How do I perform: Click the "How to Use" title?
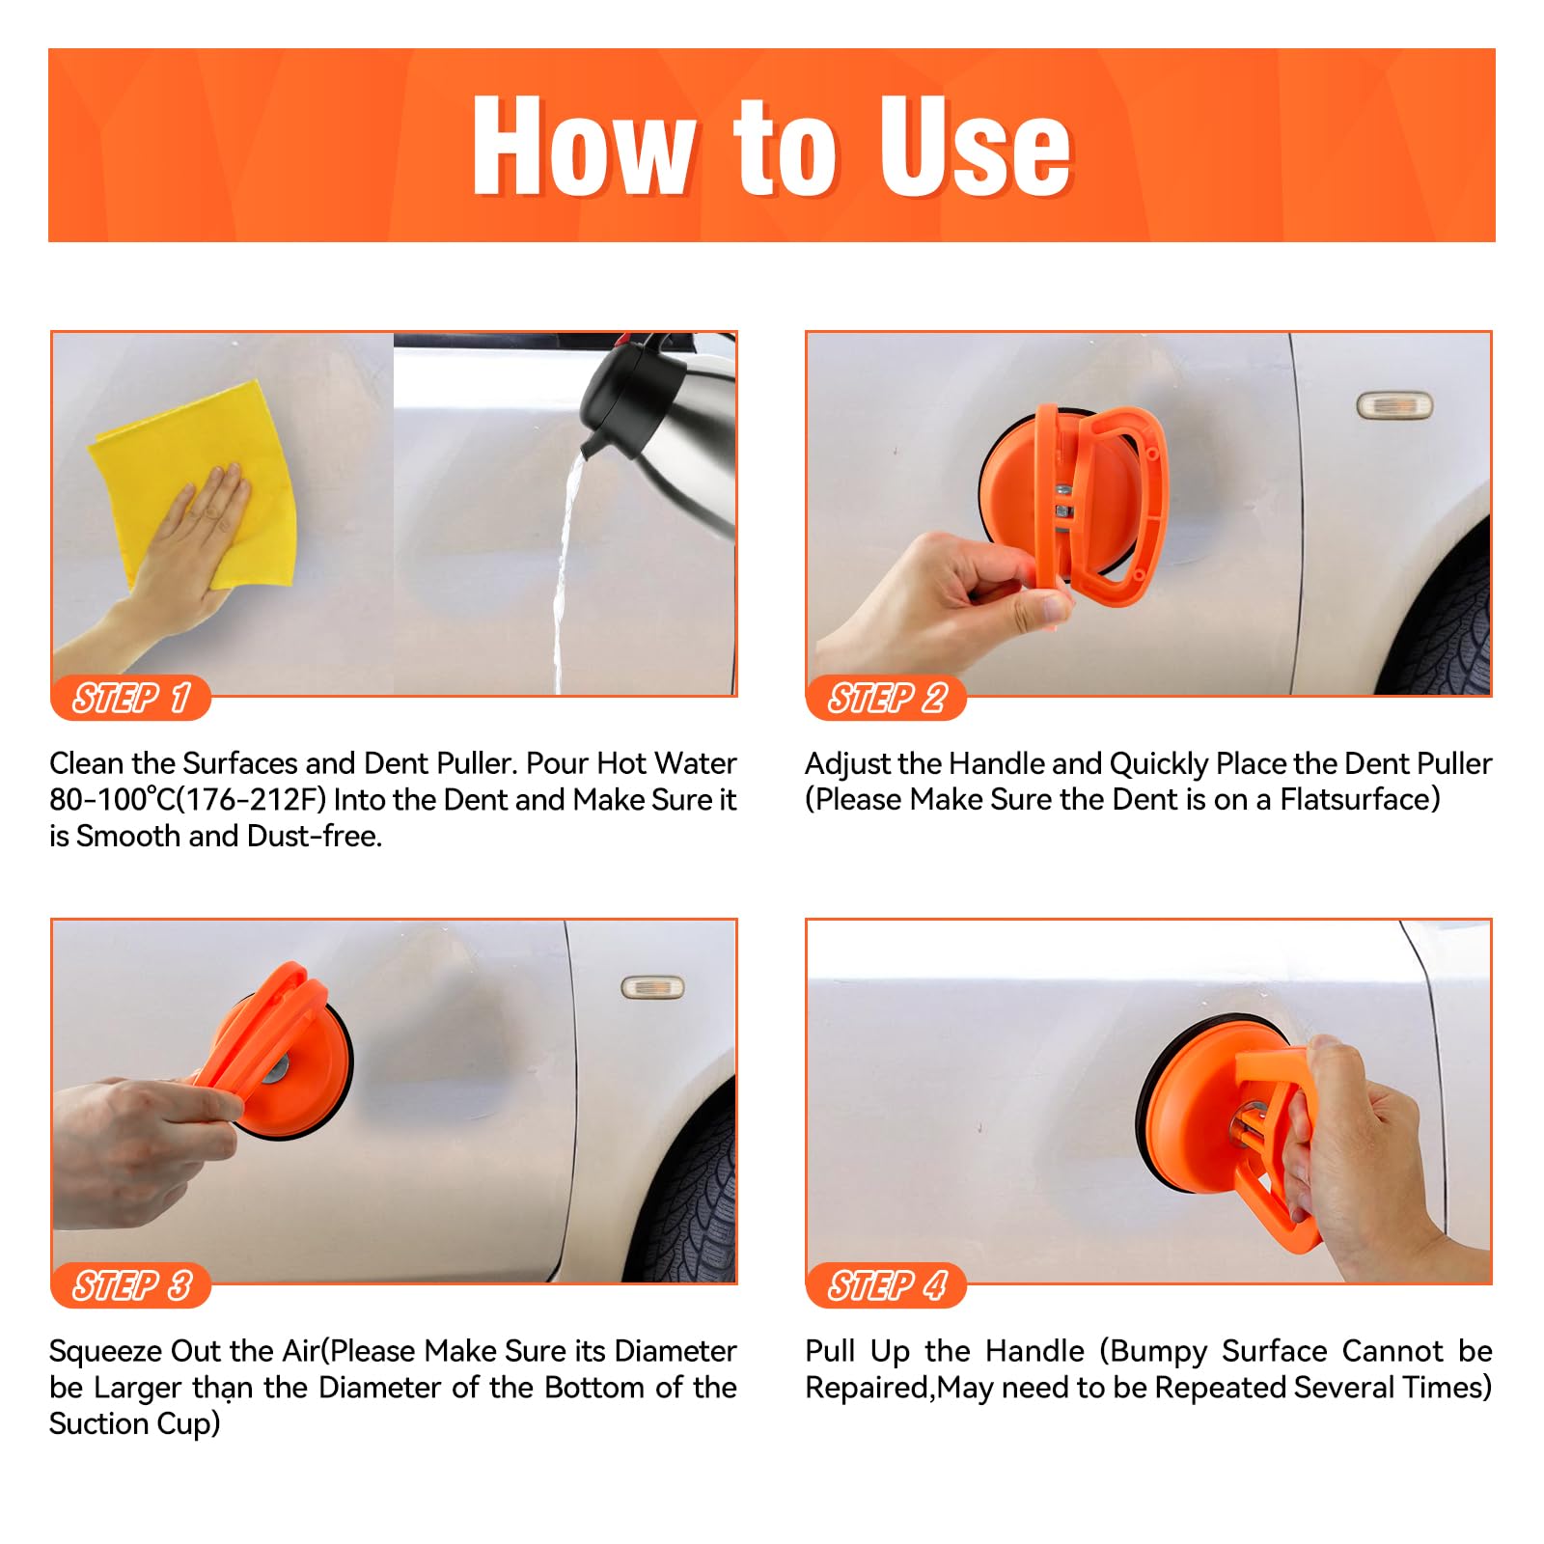click(x=772, y=147)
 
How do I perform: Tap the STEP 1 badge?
click(x=131, y=698)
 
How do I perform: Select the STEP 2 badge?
click(x=886, y=698)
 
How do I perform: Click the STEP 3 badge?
click(x=131, y=1285)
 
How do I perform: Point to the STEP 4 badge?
click(x=886, y=1285)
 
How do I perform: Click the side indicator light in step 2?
click(x=1394, y=405)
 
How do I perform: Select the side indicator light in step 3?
click(x=651, y=987)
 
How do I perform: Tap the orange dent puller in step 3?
click(x=275, y=1052)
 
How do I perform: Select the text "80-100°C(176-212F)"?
click(x=188, y=800)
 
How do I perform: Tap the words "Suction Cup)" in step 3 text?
click(x=135, y=1424)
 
